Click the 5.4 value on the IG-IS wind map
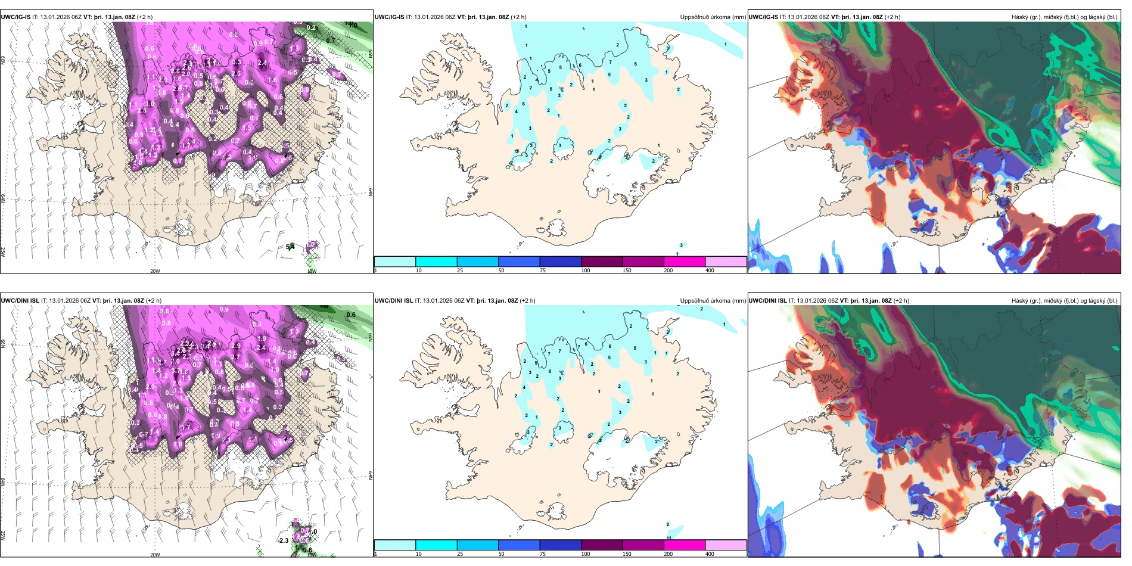click(x=290, y=247)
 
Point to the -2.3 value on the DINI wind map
click(x=283, y=540)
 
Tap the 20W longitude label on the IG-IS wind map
click(x=155, y=271)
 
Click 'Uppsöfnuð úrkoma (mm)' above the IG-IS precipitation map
click(x=713, y=17)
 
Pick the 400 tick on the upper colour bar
click(x=710, y=270)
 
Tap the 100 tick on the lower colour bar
click(x=586, y=554)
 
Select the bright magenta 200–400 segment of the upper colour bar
click(x=685, y=262)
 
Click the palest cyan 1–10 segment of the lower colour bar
click(x=395, y=545)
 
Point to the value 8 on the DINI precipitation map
click(x=549, y=371)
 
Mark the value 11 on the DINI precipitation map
click(x=669, y=538)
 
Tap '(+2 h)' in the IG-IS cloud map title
click(x=891, y=17)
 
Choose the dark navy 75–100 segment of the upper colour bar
click(x=560, y=262)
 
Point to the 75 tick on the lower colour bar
click(x=543, y=554)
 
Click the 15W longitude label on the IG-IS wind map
click(x=312, y=271)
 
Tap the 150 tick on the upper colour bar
click(x=627, y=270)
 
